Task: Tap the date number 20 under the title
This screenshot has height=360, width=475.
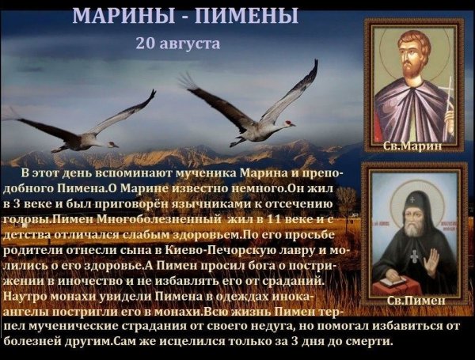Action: (x=145, y=42)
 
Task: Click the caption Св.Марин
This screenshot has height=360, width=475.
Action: (x=412, y=146)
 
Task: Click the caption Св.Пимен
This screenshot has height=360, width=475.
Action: (x=411, y=301)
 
